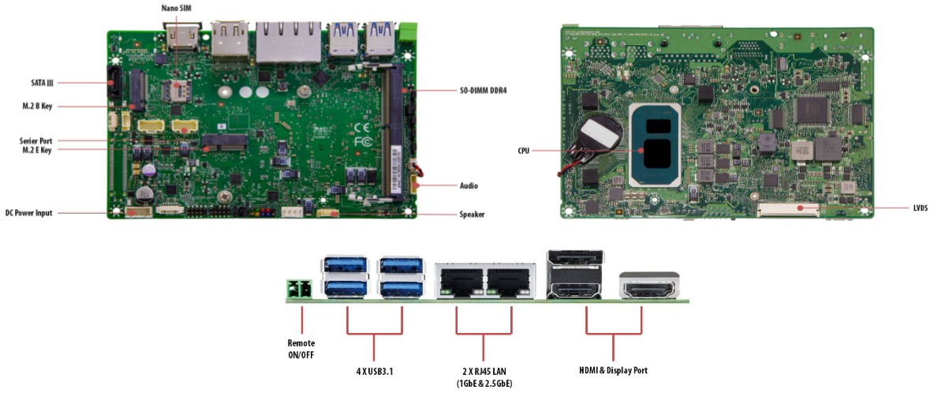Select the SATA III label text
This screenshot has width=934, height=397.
(36, 82)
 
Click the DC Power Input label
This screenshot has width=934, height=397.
(29, 213)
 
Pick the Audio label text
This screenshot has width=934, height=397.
(469, 186)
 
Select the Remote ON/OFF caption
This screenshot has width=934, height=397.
(301, 349)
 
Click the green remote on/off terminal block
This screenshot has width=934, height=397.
(300, 290)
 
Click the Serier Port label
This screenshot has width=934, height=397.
(35, 140)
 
